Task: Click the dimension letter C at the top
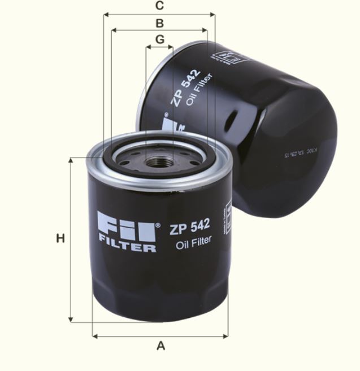tap(159, 6)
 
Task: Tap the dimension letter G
tap(159, 40)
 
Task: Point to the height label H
tap(60, 239)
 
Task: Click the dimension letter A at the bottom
tap(161, 346)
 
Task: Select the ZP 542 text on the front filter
tap(190, 226)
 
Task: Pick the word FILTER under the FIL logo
tap(127, 247)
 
